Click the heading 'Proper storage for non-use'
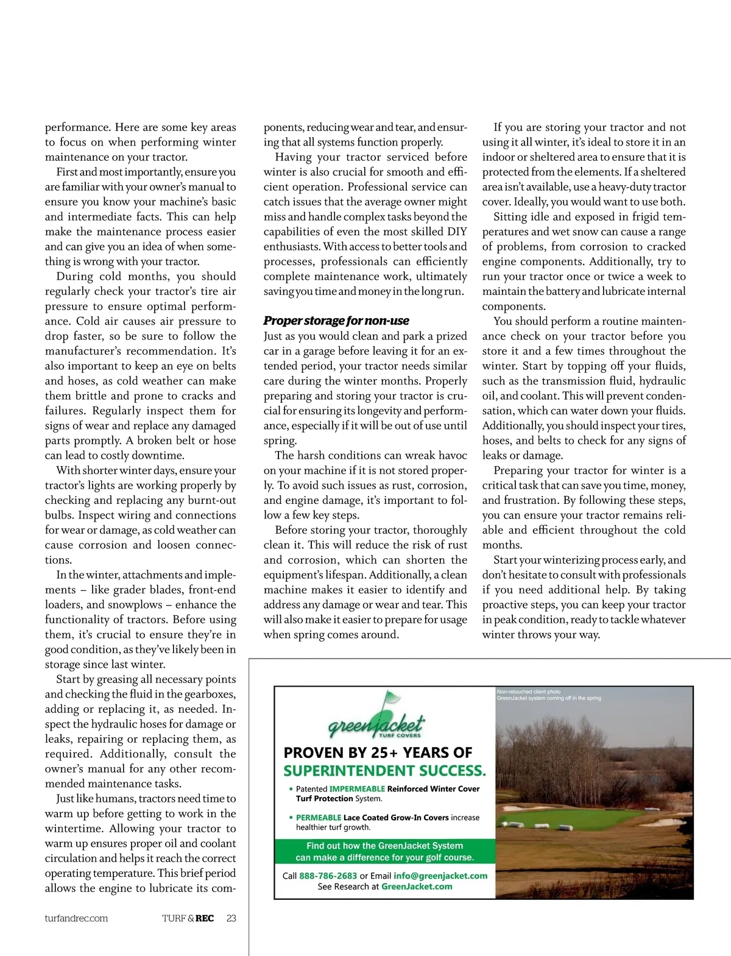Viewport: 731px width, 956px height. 336,321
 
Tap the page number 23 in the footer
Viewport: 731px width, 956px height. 231,918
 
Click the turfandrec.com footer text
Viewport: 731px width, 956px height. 76,918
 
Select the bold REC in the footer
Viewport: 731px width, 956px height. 205,918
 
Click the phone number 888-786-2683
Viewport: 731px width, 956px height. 328,876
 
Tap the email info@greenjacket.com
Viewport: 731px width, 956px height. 440,876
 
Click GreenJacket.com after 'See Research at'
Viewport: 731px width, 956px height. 417,887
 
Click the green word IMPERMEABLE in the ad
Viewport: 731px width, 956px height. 357,788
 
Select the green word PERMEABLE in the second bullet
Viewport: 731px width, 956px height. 319,818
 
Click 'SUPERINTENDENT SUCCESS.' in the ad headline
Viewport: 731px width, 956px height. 385,771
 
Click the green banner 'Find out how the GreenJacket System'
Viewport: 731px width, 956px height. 384,846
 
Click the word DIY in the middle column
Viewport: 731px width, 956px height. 457,232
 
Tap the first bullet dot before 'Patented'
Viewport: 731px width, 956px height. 291,788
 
